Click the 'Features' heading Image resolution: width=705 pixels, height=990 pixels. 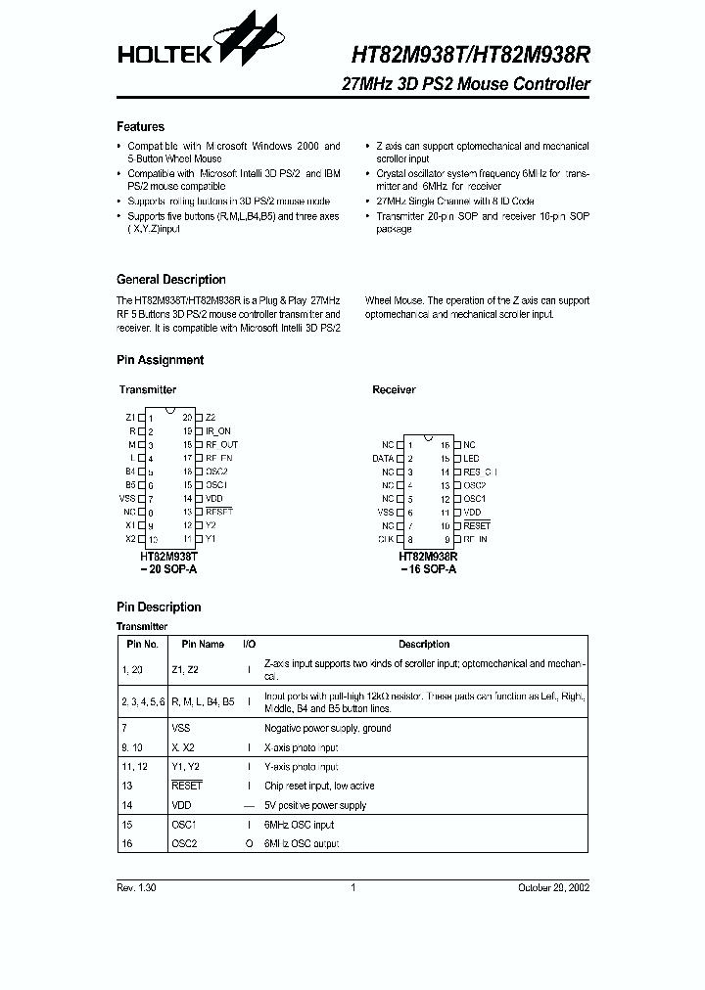(140, 127)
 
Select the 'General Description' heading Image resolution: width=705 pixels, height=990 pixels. (171, 280)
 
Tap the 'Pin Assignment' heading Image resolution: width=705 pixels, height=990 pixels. (160, 360)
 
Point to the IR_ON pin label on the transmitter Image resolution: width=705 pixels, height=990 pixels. (218, 430)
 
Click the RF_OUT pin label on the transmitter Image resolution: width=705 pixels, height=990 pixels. (221, 444)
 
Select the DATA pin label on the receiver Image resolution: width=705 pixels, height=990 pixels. (383, 458)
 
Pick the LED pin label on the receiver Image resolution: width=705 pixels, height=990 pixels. (471, 458)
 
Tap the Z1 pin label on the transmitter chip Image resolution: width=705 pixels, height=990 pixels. (130, 417)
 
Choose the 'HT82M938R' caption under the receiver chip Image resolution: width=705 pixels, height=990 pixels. (427, 555)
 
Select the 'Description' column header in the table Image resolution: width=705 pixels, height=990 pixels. (423, 645)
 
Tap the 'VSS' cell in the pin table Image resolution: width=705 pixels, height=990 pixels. (181, 728)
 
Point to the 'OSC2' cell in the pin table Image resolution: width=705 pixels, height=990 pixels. (184, 843)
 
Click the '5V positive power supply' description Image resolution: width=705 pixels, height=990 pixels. (315, 805)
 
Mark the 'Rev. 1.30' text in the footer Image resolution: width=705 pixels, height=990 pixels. (136, 888)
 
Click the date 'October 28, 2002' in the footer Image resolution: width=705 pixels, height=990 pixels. (553, 888)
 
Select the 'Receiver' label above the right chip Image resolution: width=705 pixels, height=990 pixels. (394, 389)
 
